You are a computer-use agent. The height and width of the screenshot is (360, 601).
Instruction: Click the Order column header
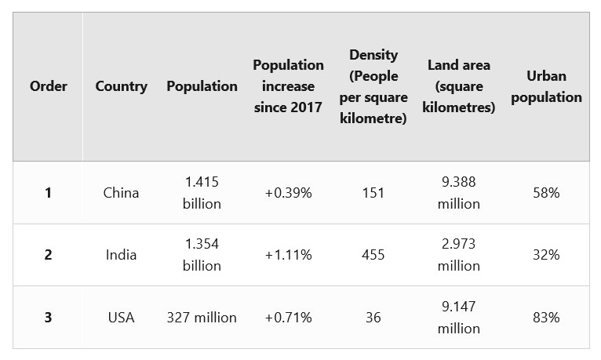point(49,86)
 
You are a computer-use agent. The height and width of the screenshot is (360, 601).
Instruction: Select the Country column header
point(121,86)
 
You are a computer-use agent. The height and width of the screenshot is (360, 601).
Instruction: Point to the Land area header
point(459,86)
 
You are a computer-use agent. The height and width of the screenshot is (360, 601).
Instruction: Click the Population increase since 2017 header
point(288,86)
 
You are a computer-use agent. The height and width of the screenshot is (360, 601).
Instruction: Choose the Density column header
point(373,86)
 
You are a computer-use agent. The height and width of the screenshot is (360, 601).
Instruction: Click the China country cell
point(121,192)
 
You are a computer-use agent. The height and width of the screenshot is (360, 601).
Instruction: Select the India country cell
point(121,255)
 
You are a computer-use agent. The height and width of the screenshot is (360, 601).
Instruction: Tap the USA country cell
point(121,318)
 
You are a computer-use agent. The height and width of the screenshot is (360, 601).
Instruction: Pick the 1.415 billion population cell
point(202,192)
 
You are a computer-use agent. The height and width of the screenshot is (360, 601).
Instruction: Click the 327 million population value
point(202,318)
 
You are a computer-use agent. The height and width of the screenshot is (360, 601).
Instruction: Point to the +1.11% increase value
point(288,255)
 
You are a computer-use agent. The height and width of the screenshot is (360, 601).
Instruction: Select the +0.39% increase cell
point(288,192)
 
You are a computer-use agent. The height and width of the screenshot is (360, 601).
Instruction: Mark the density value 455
point(373,255)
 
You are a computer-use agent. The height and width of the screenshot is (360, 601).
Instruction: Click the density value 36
point(373,318)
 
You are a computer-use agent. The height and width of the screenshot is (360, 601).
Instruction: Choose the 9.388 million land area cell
point(459,192)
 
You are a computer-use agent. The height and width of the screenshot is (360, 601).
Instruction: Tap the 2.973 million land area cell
point(459,255)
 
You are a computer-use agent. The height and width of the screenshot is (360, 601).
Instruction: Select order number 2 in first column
point(48,255)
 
